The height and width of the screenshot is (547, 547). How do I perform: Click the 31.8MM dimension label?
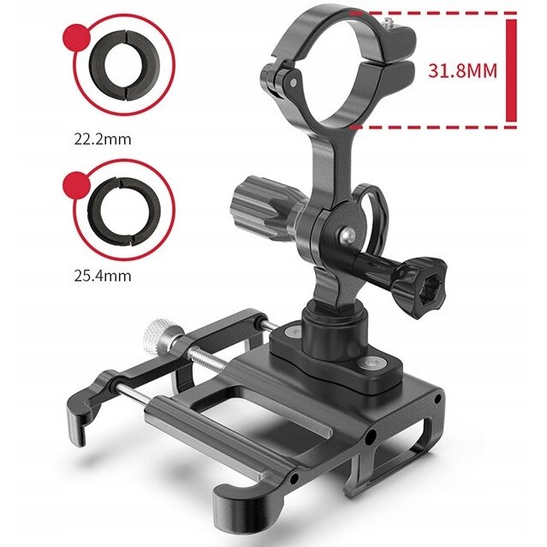[x=462, y=71]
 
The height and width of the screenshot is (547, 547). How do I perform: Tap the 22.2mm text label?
[x=103, y=140]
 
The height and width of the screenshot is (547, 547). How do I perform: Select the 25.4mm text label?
[x=103, y=276]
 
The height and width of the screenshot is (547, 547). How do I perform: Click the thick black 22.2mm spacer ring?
[x=124, y=65]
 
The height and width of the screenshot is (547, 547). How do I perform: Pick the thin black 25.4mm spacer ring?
[x=124, y=211]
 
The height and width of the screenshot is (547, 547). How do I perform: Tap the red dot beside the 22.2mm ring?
[x=76, y=38]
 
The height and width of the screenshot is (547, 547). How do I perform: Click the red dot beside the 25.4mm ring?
[x=76, y=185]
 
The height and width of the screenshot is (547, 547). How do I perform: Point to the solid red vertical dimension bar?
[x=511, y=70]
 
